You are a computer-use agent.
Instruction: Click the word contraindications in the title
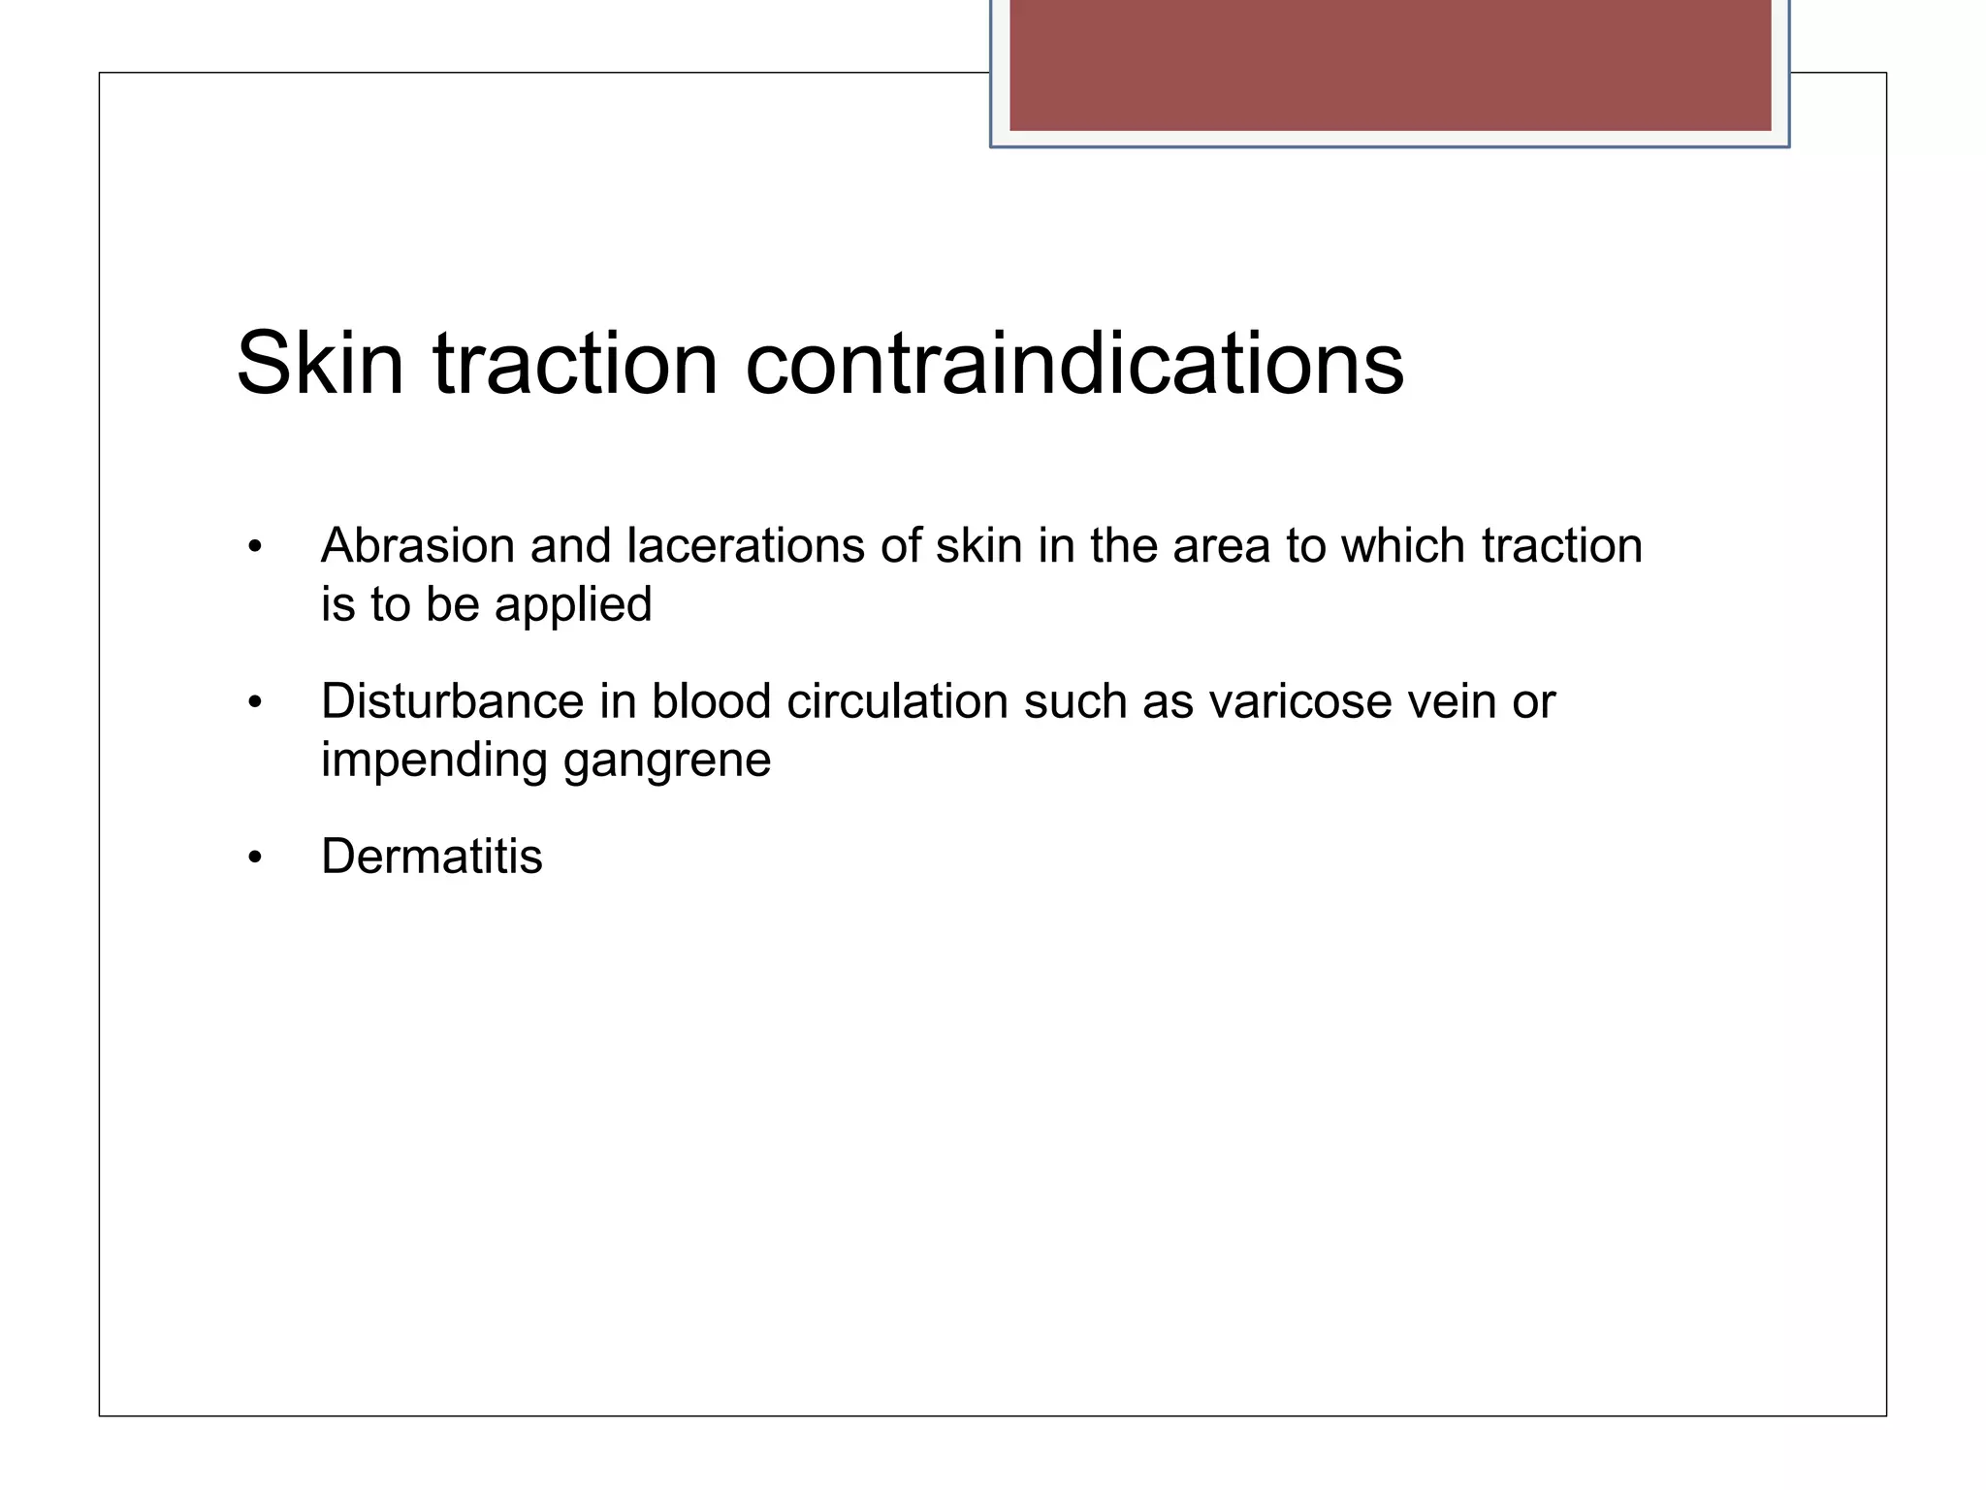point(1074,364)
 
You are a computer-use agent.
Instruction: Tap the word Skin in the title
point(320,364)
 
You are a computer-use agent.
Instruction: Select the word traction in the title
point(575,364)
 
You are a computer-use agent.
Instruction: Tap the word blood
point(711,701)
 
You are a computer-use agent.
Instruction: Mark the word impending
point(434,761)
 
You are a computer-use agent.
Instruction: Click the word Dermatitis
point(432,857)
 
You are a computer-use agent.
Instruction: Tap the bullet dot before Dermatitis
point(255,858)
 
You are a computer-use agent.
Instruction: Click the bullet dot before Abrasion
point(255,547)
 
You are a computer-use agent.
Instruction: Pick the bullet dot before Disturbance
point(255,702)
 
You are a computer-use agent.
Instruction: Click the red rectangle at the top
point(1390,64)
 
